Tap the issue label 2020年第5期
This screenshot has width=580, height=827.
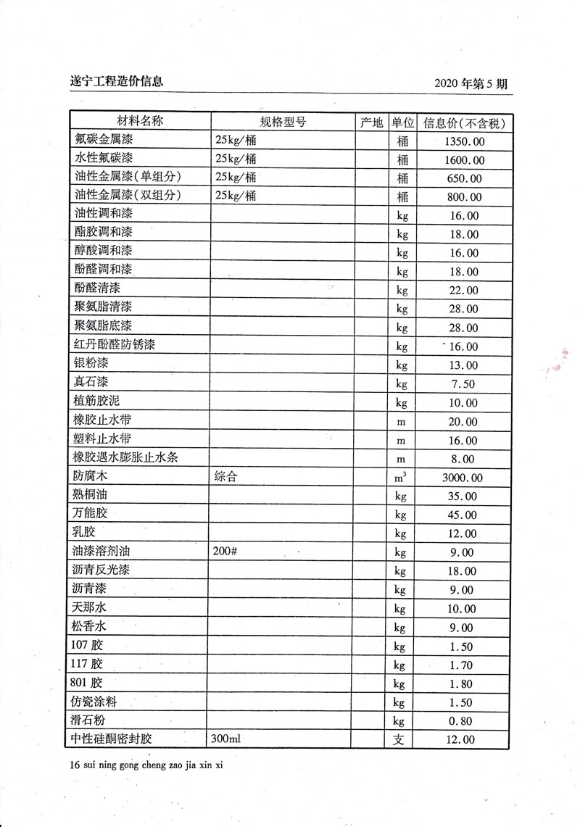(471, 83)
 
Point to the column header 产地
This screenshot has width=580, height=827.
(371, 122)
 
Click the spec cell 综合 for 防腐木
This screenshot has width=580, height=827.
(225, 477)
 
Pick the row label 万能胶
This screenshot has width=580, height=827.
(91, 515)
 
